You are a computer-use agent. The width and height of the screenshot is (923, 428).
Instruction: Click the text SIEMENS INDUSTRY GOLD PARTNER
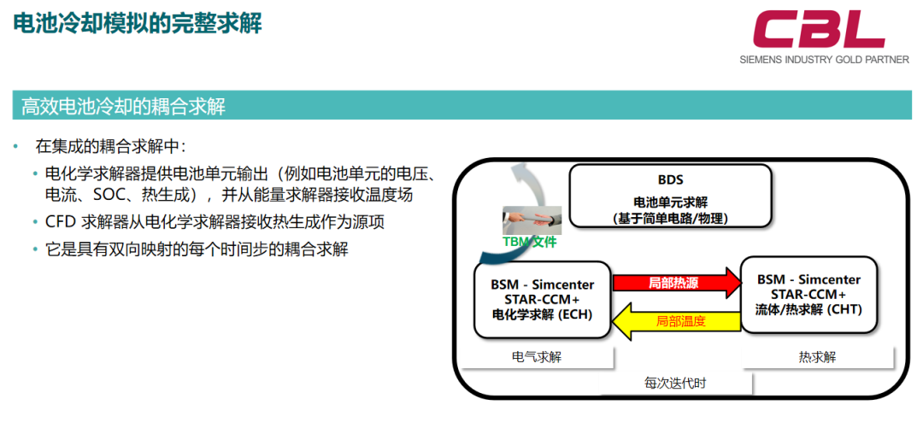[x=824, y=60]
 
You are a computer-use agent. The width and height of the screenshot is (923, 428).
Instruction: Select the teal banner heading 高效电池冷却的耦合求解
[x=124, y=107]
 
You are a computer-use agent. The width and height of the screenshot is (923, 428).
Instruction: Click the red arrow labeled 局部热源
[x=677, y=283]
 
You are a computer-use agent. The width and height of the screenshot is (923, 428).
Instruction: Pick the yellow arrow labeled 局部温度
[x=677, y=321]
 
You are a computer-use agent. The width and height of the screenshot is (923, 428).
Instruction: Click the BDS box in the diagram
[x=671, y=196]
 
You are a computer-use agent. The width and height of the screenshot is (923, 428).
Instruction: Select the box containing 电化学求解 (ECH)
[x=542, y=300]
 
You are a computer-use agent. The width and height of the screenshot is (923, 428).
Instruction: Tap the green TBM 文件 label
[x=530, y=242]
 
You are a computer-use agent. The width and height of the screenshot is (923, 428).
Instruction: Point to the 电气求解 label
[x=536, y=357]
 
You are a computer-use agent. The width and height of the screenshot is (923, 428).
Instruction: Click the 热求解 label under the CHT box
[x=817, y=357]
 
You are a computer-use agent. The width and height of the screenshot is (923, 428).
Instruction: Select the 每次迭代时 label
[x=675, y=384]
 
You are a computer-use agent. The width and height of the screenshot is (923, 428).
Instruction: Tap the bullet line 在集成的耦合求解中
[x=110, y=145]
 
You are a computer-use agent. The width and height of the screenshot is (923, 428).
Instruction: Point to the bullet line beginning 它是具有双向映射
[x=197, y=249]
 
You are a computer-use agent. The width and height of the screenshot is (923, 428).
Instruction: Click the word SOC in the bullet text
[x=107, y=194]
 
